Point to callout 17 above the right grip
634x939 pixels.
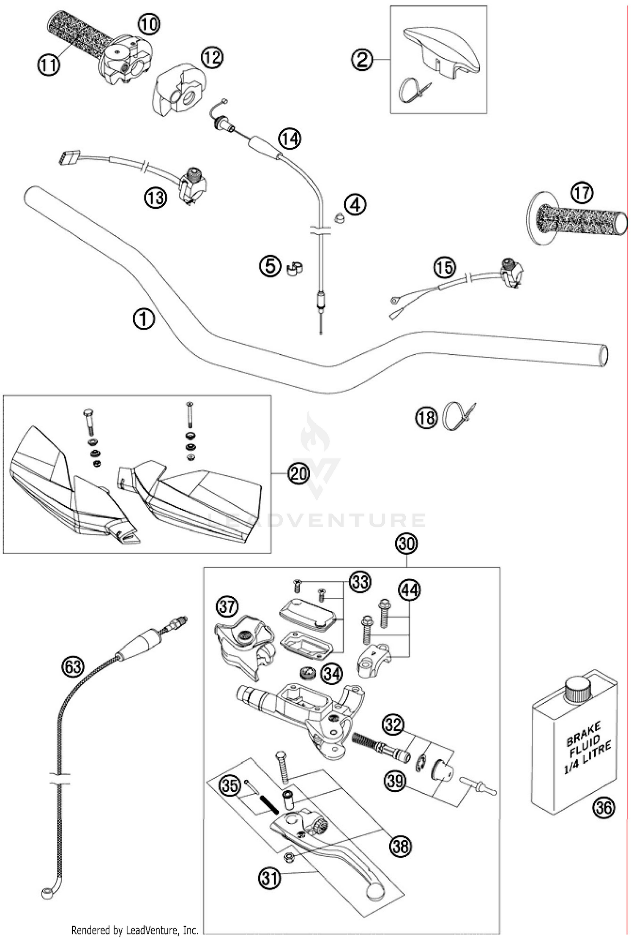[582, 193]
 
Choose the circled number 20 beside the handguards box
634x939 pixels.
[298, 474]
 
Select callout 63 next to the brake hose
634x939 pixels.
[73, 667]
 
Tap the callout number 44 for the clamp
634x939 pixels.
[409, 590]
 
